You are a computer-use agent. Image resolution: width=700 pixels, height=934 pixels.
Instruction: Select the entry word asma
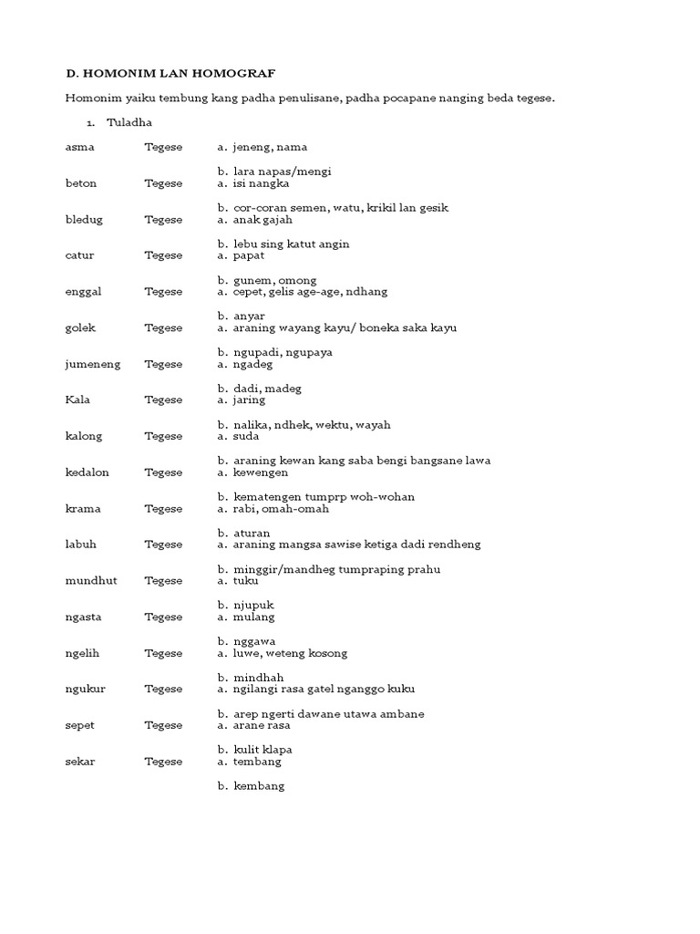point(80,147)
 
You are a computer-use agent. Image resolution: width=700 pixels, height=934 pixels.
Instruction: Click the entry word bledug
point(84,220)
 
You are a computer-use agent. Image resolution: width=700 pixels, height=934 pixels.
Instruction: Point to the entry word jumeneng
point(93,364)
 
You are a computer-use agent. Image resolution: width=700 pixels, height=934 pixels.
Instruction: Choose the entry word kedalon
point(87,472)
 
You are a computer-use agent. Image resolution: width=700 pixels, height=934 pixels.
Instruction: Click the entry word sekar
point(80,762)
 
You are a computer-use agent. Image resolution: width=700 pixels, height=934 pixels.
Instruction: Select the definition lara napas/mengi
point(282,171)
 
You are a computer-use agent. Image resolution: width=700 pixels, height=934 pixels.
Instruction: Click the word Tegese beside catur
point(163,255)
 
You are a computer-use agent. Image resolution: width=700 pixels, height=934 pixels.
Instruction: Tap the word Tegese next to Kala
point(163,400)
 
